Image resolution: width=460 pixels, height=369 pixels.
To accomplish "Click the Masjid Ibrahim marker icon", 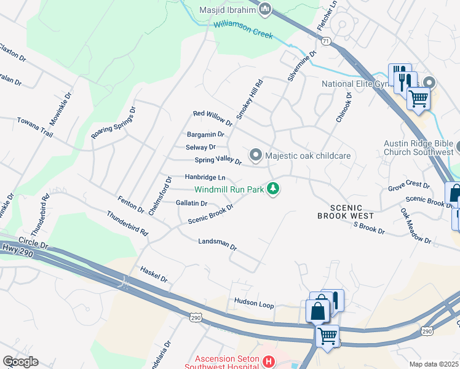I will (x=266, y=9).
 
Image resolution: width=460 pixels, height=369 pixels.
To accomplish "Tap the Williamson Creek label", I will (x=243, y=30).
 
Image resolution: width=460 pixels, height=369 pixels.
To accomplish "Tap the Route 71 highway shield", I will (x=325, y=41).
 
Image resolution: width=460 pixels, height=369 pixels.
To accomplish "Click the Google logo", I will (x=20, y=362).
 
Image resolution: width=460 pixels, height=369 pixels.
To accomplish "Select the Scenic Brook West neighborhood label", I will (x=346, y=212).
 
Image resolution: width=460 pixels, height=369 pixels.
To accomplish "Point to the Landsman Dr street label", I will (x=217, y=244).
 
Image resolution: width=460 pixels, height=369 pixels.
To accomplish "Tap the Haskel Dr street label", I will (x=153, y=274).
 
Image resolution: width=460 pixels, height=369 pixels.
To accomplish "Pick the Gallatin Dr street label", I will (x=191, y=203).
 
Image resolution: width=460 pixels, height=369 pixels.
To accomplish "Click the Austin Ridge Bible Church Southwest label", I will (x=418, y=147).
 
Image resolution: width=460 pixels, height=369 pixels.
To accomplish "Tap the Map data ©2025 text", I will (x=434, y=364).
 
